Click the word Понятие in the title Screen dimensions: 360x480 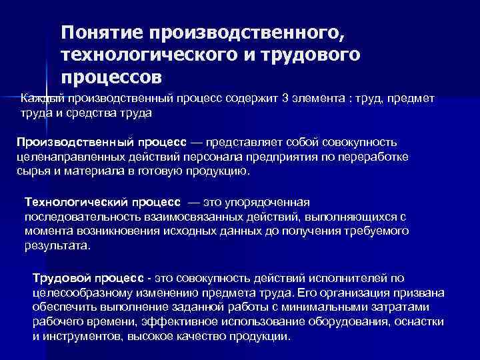101,33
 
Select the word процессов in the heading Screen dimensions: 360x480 111,77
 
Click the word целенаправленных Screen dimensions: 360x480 61,157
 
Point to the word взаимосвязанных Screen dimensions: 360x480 173,216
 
